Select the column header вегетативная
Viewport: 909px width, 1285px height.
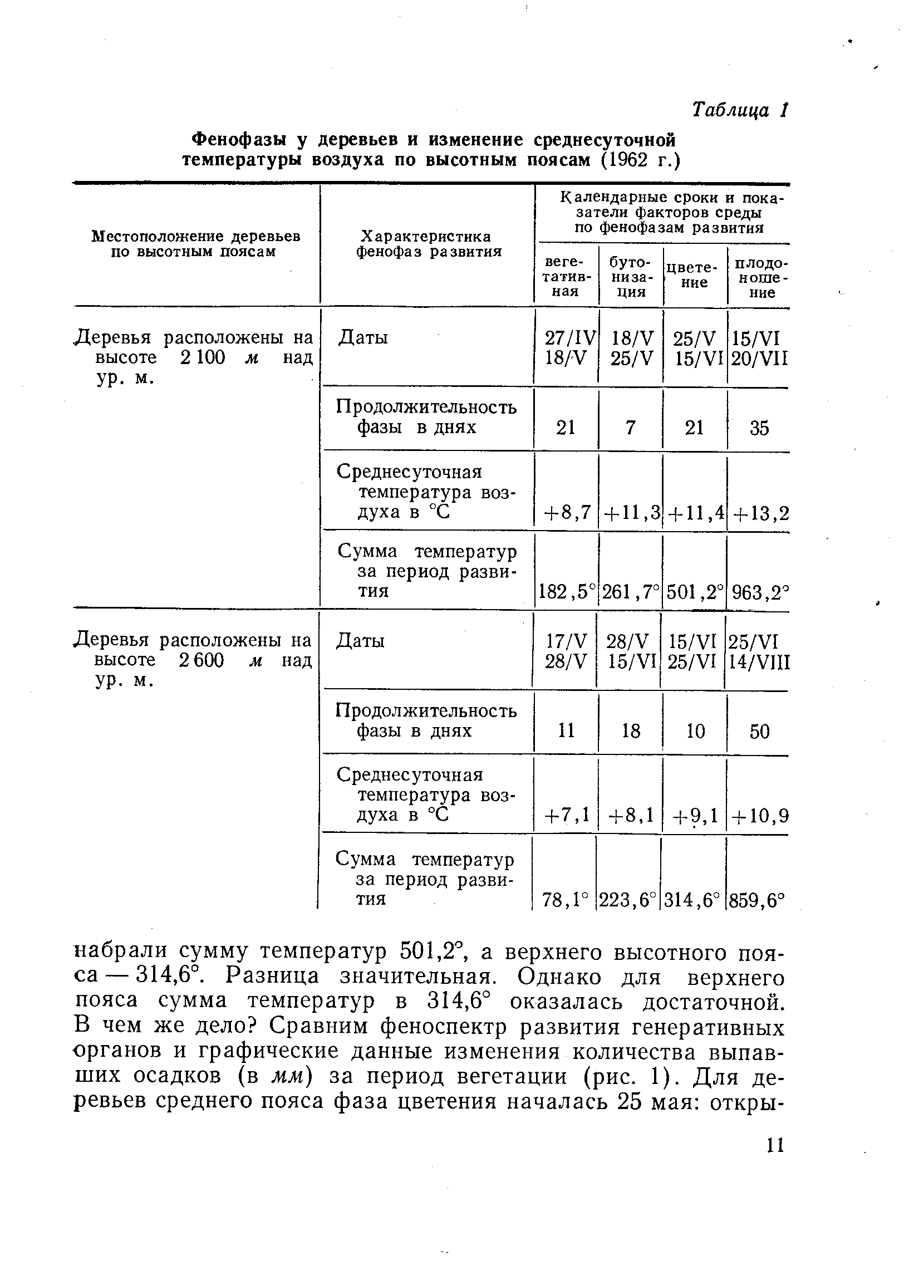click(566, 277)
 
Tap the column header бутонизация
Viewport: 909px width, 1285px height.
click(630, 277)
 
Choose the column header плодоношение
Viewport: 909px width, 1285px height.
click(760, 277)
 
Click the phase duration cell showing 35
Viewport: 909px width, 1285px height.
click(759, 428)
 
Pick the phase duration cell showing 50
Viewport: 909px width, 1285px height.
click(759, 731)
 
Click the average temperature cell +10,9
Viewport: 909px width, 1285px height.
click(759, 816)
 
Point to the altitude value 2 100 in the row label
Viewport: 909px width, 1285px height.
click(202, 358)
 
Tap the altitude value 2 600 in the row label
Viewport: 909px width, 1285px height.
click(202, 661)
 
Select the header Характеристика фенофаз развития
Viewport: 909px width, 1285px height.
click(429, 243)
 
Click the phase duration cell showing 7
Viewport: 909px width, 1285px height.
click(631, 428)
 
